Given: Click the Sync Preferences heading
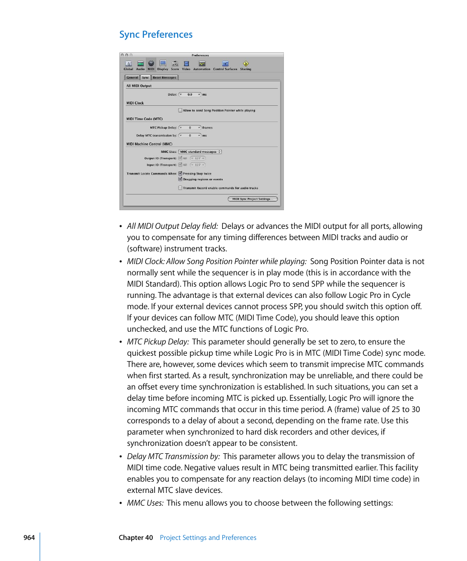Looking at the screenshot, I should coord(156,34).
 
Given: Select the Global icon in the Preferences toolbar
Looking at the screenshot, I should coord(128,64).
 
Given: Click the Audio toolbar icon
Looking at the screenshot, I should coord(140,64).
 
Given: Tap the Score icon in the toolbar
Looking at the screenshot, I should coord(175,64).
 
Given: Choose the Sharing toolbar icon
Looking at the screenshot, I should coord(245,64).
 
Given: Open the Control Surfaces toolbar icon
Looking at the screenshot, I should coord(225,64).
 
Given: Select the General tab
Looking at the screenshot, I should coord(132,77).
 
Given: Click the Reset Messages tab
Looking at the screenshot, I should coord(164,77).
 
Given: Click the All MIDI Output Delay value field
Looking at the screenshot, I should coord(190,94).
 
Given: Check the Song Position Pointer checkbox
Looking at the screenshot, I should coord(180,110).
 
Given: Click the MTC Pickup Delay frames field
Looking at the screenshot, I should coord(190,127).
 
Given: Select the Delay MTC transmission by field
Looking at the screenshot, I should coord(190,135).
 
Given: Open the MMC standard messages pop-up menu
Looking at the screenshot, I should coord(200,152).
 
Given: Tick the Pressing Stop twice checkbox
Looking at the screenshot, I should coord(180,173).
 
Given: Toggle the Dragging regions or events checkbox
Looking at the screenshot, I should coord(180,179).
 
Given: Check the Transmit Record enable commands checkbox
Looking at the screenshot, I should coord(180,188).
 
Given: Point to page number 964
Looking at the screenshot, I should coord(29,537).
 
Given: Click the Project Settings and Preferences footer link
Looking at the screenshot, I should coord(208,537).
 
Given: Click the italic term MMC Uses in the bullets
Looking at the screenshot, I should coord(145,503).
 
